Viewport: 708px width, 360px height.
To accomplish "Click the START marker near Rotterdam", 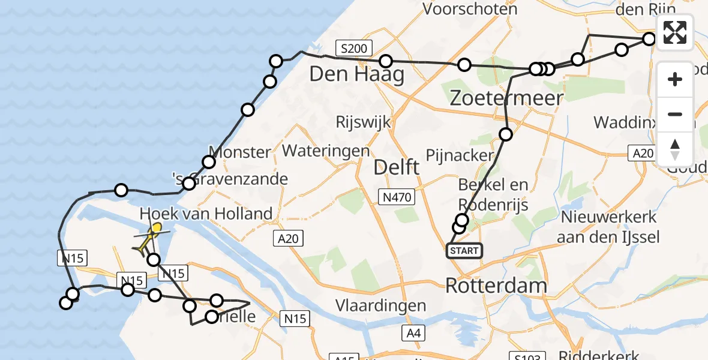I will point(464,251).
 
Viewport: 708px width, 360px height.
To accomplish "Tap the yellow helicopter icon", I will point(150,238).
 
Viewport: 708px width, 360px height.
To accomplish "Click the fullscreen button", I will point(675,32).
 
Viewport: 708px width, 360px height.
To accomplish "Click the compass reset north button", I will point(675,149).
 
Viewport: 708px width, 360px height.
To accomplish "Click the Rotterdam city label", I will point(488,286).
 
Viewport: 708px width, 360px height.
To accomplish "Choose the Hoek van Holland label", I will point(206,213).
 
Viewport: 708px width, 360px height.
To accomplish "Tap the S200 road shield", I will point(354,48).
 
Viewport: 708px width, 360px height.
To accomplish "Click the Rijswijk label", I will point(364,122).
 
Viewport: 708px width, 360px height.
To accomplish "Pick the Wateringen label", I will point(326,150).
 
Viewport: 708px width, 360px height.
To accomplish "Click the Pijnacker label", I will point(458,155).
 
